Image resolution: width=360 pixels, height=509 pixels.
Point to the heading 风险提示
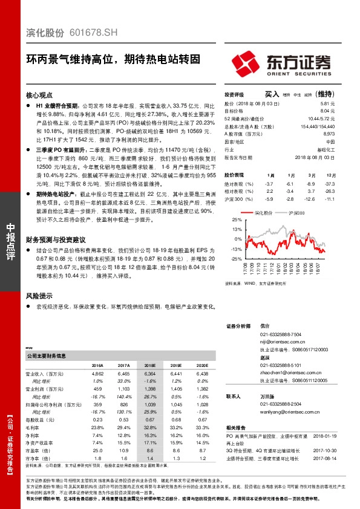coord(40,296)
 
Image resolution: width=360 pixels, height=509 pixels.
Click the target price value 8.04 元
coord(327,111)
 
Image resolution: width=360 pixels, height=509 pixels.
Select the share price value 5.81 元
coord(327,103)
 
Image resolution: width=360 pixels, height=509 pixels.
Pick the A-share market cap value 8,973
coord(327,133)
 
